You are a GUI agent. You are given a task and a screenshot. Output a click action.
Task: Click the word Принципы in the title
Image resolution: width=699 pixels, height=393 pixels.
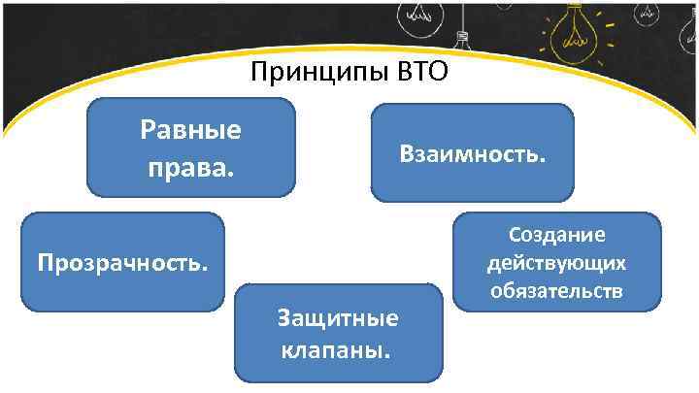click(319, 74)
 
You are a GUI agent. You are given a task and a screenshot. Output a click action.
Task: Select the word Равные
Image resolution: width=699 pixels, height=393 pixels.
click(191, 131)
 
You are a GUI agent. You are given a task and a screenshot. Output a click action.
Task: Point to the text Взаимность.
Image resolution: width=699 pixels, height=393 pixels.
click(473, 154)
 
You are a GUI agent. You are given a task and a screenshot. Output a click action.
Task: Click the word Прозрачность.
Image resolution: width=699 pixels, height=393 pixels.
click(122, 262)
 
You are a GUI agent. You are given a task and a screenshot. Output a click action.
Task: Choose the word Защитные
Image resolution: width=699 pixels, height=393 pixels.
click(338, 318)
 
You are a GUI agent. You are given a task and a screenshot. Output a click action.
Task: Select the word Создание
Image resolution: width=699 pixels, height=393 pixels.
click(556, 235)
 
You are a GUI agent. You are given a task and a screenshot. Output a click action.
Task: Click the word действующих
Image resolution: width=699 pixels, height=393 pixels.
click(556, 263)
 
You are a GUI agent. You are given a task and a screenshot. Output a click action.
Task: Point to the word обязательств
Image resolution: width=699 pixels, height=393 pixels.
click(556, 291)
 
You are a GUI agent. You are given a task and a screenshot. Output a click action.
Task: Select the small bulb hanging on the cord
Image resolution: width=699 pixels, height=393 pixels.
click(463, 39)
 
